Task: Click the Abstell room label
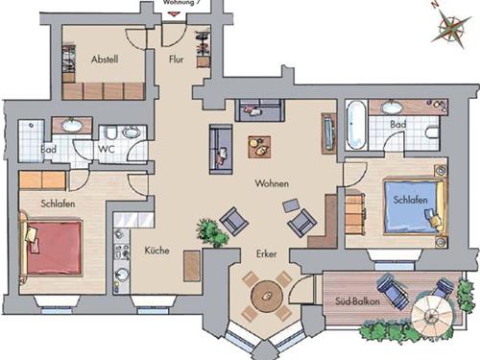(x=105, y=60)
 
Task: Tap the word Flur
(x=176, y=60)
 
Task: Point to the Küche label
(x=156, y=252)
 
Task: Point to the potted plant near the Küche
(x=206, y=232)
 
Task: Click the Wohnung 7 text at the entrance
(x=181, y=4)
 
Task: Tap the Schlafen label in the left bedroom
(x=59, y=204)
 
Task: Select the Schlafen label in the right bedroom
(x=411, y=199)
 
